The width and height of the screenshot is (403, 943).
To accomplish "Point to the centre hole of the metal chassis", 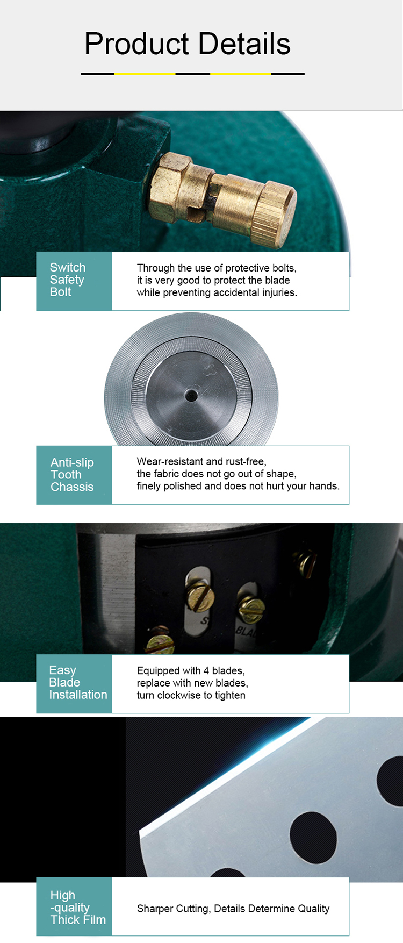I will [191, 396].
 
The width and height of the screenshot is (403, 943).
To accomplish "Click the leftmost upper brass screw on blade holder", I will [200, 595].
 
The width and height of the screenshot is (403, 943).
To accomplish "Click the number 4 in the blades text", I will [206, 670].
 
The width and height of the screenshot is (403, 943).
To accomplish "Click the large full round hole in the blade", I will [313, 837].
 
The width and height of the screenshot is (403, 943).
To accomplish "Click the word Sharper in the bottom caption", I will [155, 909].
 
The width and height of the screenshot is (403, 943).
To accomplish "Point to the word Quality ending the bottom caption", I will [313, 909].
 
